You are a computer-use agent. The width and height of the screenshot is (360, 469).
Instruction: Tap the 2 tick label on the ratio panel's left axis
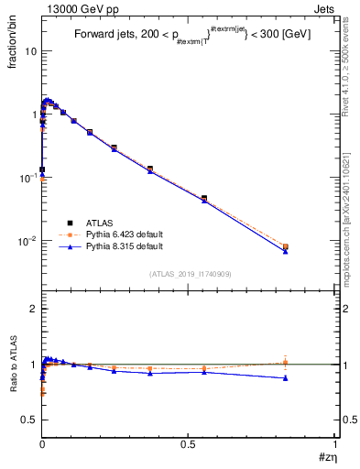point(32,310)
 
